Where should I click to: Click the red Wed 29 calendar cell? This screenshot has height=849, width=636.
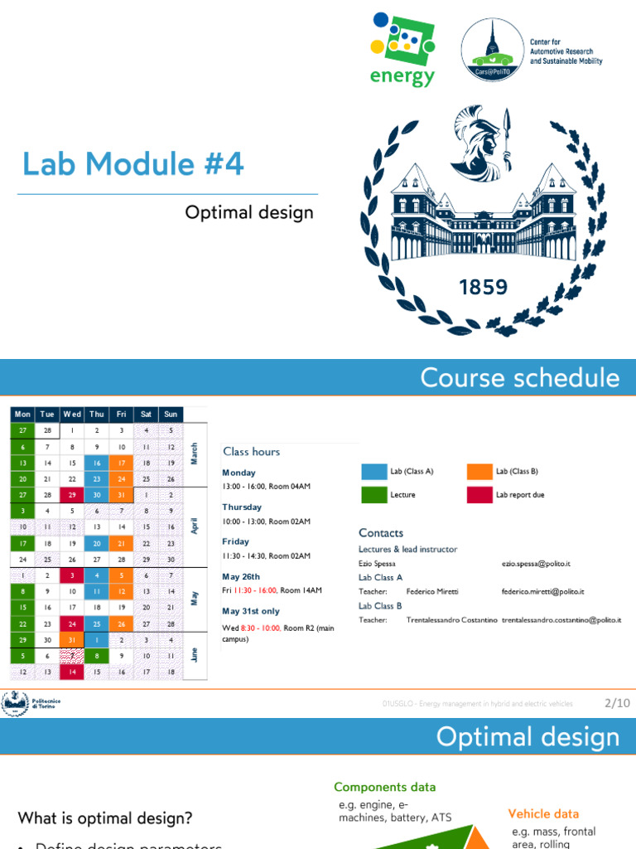click(72, 493)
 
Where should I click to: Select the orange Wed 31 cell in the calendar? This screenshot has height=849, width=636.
click(72, 639)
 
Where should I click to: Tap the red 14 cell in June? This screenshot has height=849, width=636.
click(72, 671)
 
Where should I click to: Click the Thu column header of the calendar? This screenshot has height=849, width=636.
click(97, 414)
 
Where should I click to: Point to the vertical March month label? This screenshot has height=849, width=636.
click(194, 454)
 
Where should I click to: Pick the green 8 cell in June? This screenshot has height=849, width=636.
click(97, 655)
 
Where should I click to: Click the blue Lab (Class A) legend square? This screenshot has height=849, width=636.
click(373, 472)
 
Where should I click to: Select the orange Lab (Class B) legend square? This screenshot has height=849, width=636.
click(479, 472)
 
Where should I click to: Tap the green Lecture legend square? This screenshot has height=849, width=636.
click(373, 494)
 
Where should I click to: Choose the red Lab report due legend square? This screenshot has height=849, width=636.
click(479, 494)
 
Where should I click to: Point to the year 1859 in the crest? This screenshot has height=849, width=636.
click(483, 288)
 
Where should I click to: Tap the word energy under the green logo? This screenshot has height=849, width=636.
click(403, 78)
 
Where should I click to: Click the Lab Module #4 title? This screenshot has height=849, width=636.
click(133, 164)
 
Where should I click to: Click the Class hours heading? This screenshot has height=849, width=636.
click(251, 452)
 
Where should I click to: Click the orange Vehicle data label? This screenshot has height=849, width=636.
click(543, 814)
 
